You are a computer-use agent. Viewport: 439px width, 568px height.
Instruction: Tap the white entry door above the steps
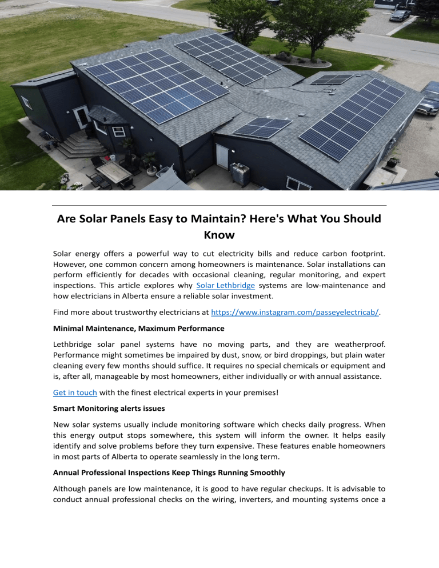[x=81, y=117]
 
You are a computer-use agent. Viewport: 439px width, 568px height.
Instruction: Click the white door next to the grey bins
[x=222, y=157]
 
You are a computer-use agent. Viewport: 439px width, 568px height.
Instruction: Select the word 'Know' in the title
[x=219, y=234]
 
